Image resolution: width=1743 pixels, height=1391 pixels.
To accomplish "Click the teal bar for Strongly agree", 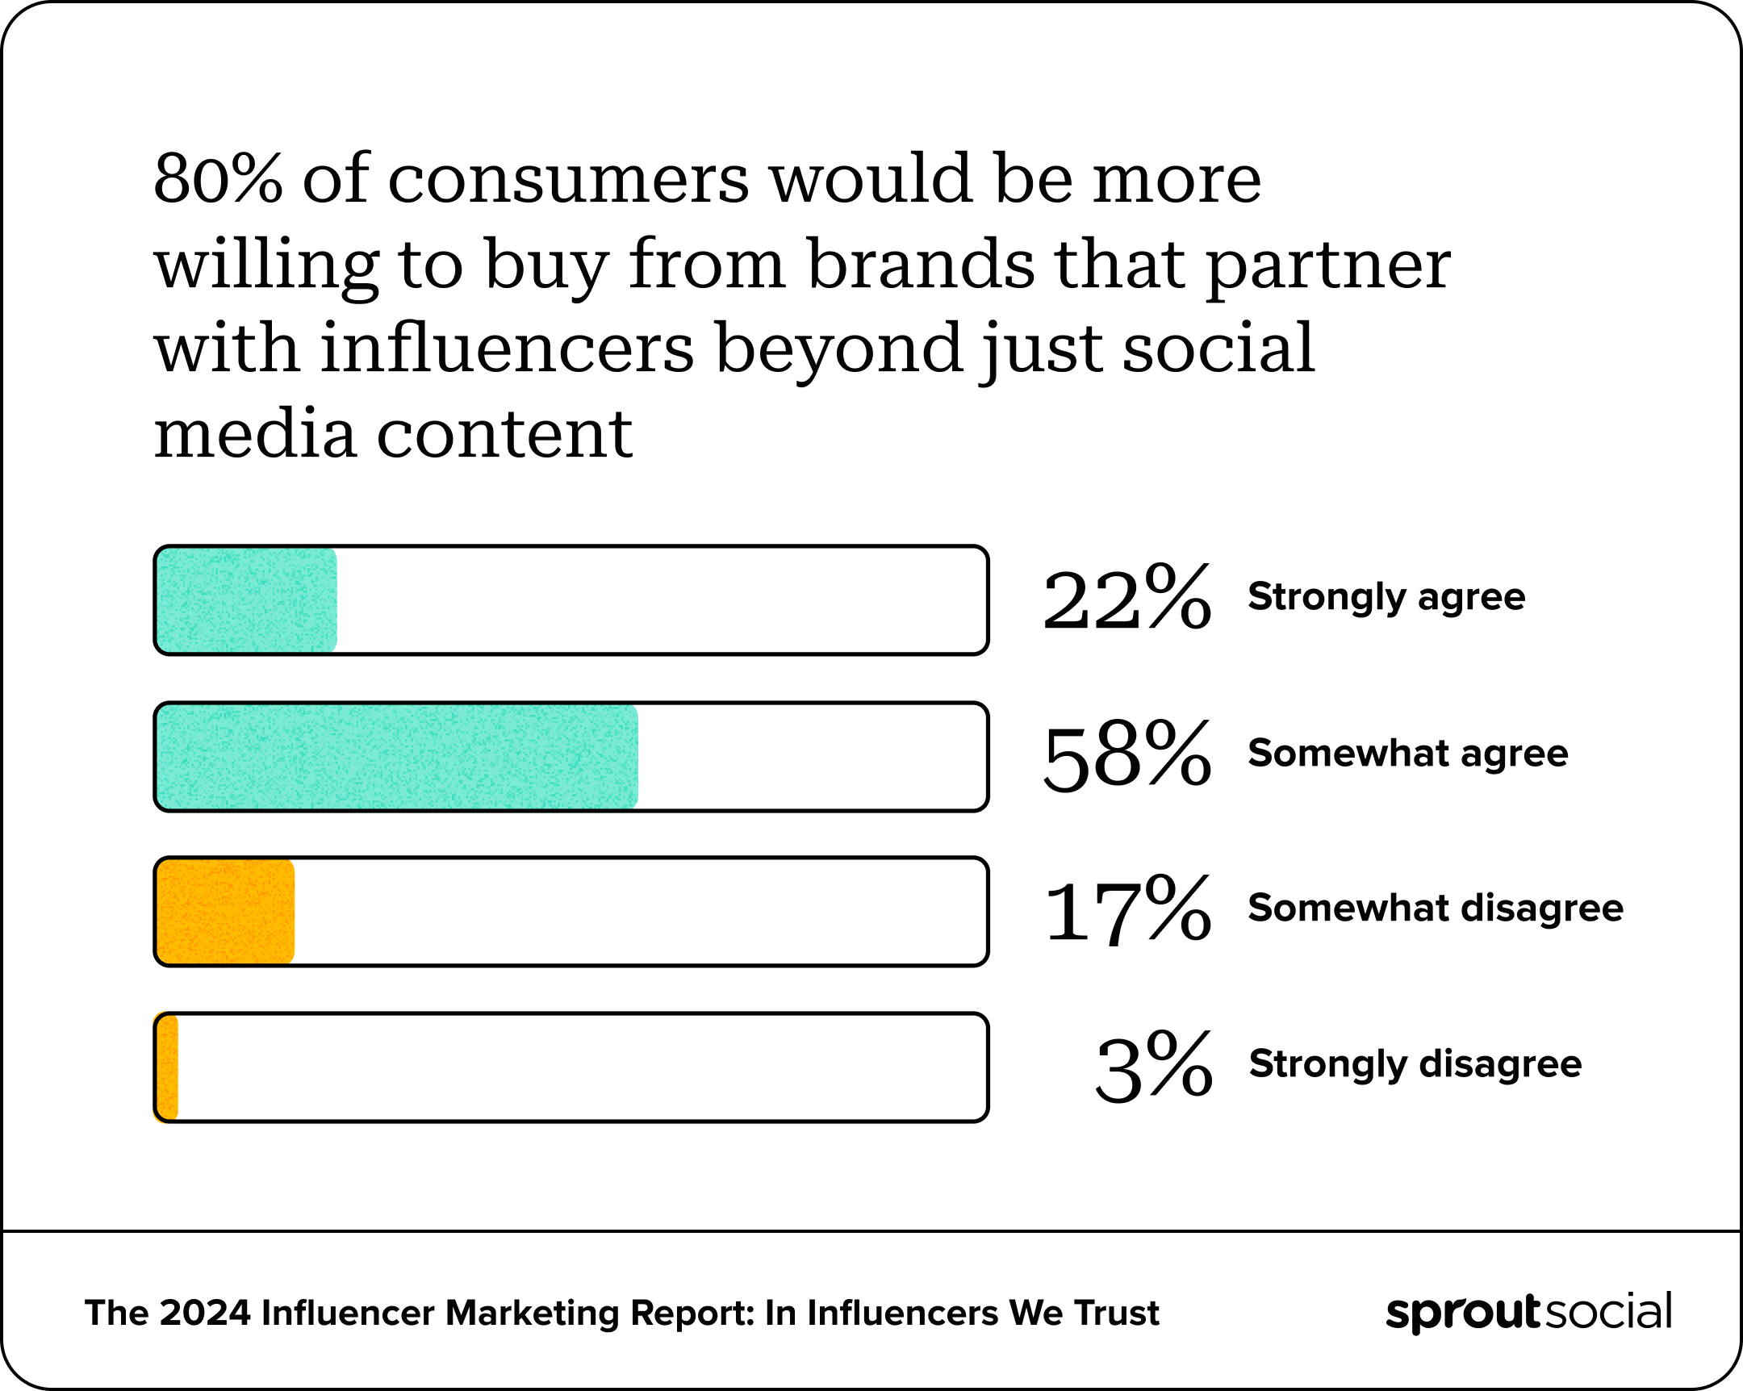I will click(246, 599).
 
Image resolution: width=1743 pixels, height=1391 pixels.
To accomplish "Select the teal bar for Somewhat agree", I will click(396, 756).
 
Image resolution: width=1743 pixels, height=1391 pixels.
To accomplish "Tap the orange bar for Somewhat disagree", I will click(225, 911).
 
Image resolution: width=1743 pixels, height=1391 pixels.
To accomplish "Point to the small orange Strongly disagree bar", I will click(166, 1067).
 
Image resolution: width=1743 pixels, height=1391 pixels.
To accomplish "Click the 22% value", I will click(1126, 599).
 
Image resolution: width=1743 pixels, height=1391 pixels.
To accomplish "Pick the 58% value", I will click(1126, 756).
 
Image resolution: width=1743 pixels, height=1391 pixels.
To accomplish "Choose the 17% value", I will click(1126, 911).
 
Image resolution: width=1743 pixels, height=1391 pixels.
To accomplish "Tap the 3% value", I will click(1154, 1067).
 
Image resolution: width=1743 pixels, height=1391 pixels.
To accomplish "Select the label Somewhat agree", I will click(1407, 754).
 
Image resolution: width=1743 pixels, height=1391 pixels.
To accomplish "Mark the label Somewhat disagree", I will click(1435, 909).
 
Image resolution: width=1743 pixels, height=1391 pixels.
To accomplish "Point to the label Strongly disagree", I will click(1415, 1064).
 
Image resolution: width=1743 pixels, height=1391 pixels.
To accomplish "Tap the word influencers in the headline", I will click(507, 349).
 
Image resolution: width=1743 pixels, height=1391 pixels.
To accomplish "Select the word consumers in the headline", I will click(567, 179).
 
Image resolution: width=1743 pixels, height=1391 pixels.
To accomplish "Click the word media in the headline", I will click(255, 434).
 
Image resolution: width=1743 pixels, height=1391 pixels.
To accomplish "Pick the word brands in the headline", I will click(920, 265).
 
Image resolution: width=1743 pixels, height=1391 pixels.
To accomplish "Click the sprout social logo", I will click(1528, 1312).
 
